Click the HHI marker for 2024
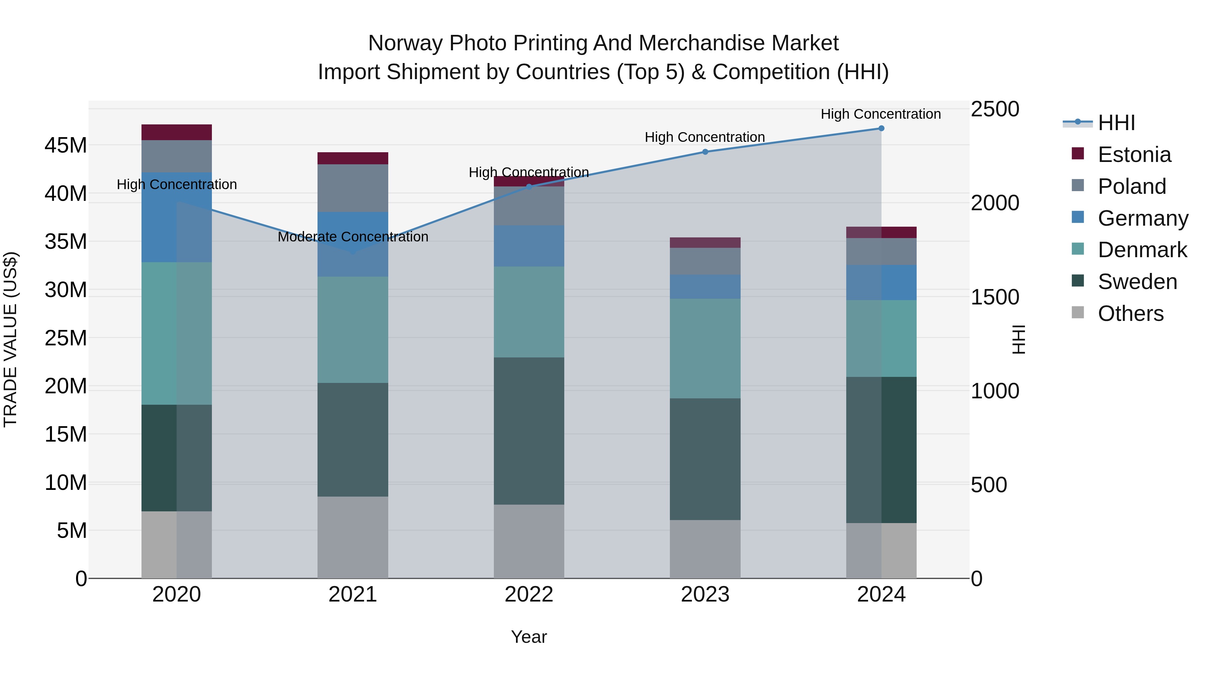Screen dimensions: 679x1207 tap(881, 128)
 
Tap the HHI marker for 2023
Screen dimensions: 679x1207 tap(705, 152)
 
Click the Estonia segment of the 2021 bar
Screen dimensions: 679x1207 tap(353, 158)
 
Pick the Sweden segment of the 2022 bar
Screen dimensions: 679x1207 tap(529, 431)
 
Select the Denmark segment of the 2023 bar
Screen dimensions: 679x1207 tap(705, 349)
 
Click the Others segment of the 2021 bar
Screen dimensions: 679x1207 tap(353, 537)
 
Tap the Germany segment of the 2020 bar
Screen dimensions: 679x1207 tap(177, 217)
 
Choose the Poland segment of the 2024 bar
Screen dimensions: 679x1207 tap(881, 251)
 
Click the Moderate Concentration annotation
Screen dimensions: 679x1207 tap(353, 237)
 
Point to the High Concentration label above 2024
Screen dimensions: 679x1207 tap(880, 114)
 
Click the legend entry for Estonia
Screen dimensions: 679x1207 tap(1134, 155)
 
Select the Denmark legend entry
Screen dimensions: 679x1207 tap(1142, 250)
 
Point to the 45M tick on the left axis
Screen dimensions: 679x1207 tap(66, 145)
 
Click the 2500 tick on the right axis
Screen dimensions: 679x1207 tap(995, 109)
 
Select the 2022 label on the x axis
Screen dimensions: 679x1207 tap(529, 595)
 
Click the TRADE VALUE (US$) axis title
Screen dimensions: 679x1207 tap(10, 339)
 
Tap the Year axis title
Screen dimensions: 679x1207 tap(529, 637)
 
